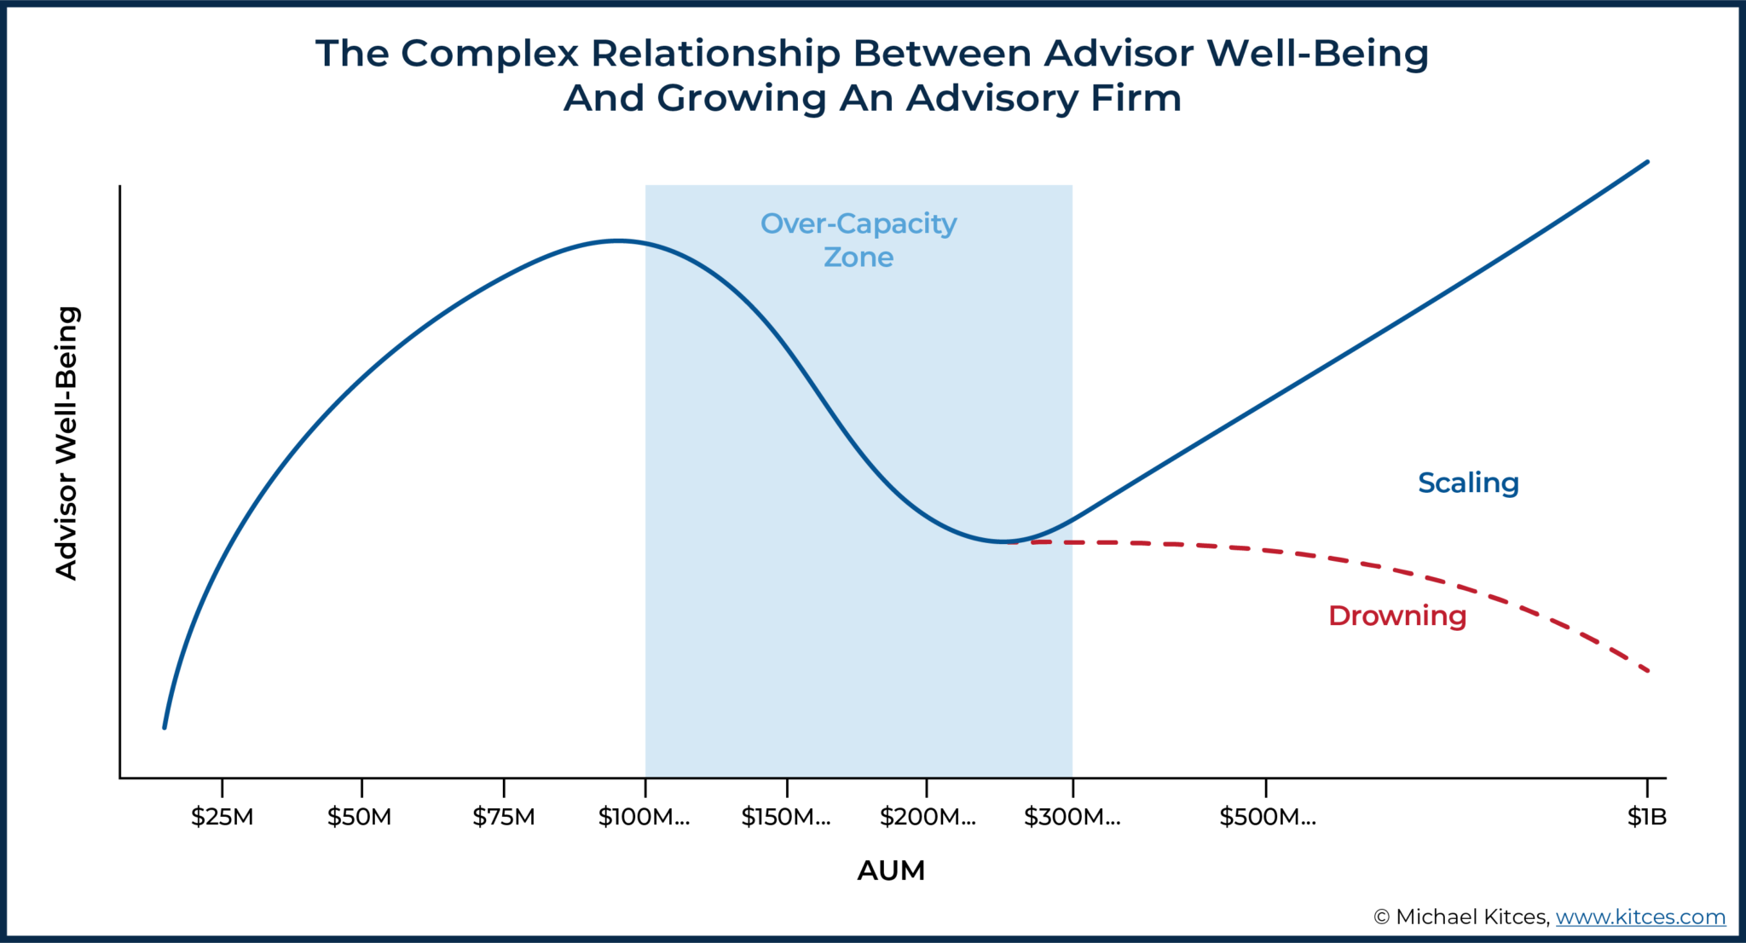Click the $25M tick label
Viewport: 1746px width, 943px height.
pos(222,817)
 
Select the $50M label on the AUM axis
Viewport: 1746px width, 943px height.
pos(359,817)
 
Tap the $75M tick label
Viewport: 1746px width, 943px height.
pos(504,817)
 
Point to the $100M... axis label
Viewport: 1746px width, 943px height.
pos(644,817)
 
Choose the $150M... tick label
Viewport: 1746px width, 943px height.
pos(785,817)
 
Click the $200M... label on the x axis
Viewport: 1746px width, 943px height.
pos(927,817)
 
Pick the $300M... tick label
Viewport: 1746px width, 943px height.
pos(1072,817)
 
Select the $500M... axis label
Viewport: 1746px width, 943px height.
pos(1267,817)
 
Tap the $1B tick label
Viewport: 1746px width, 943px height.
pos(1646,817)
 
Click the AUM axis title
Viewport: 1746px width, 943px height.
pos(891,871)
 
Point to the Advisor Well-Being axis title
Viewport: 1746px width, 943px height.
pos(66,443)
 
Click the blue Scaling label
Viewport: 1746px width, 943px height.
pos(1468,483)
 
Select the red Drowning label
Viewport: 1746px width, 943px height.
pos(1396,616)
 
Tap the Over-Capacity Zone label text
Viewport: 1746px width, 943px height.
pos(859,240)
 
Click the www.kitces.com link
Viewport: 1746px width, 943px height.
pos(1640,917)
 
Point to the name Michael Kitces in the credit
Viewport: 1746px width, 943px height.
pos(1471,917)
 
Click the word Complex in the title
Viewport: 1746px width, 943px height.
pos(493,54)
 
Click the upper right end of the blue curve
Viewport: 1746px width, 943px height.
pos(1647,162)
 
